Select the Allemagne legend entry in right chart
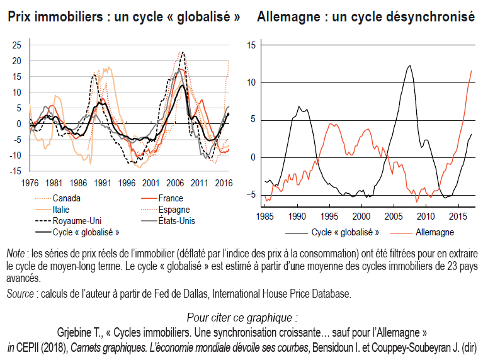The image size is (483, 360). click(435, 232)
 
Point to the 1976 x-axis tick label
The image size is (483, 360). click(29, 183)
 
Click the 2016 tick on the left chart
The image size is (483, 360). click(224, 183)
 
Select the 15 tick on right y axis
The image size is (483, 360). click(251, 45)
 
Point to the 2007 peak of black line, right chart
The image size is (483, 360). click(410, 65)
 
